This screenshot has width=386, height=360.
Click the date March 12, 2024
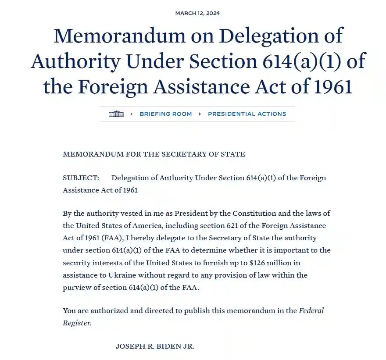click(197, 13)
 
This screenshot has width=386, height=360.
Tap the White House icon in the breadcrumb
click(116, 114)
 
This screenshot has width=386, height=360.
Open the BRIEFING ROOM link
click(166, 114)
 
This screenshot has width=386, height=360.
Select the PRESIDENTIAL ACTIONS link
click(247, 114)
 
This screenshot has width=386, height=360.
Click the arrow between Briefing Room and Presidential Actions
click(200, 114)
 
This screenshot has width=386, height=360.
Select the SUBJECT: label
click(81, 178)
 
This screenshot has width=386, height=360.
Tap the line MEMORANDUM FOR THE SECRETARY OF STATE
click(154, 154)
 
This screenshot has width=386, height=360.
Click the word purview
click(77, 288)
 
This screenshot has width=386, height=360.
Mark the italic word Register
click(77, 323)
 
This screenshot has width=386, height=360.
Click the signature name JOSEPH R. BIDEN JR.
click(155, 346)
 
